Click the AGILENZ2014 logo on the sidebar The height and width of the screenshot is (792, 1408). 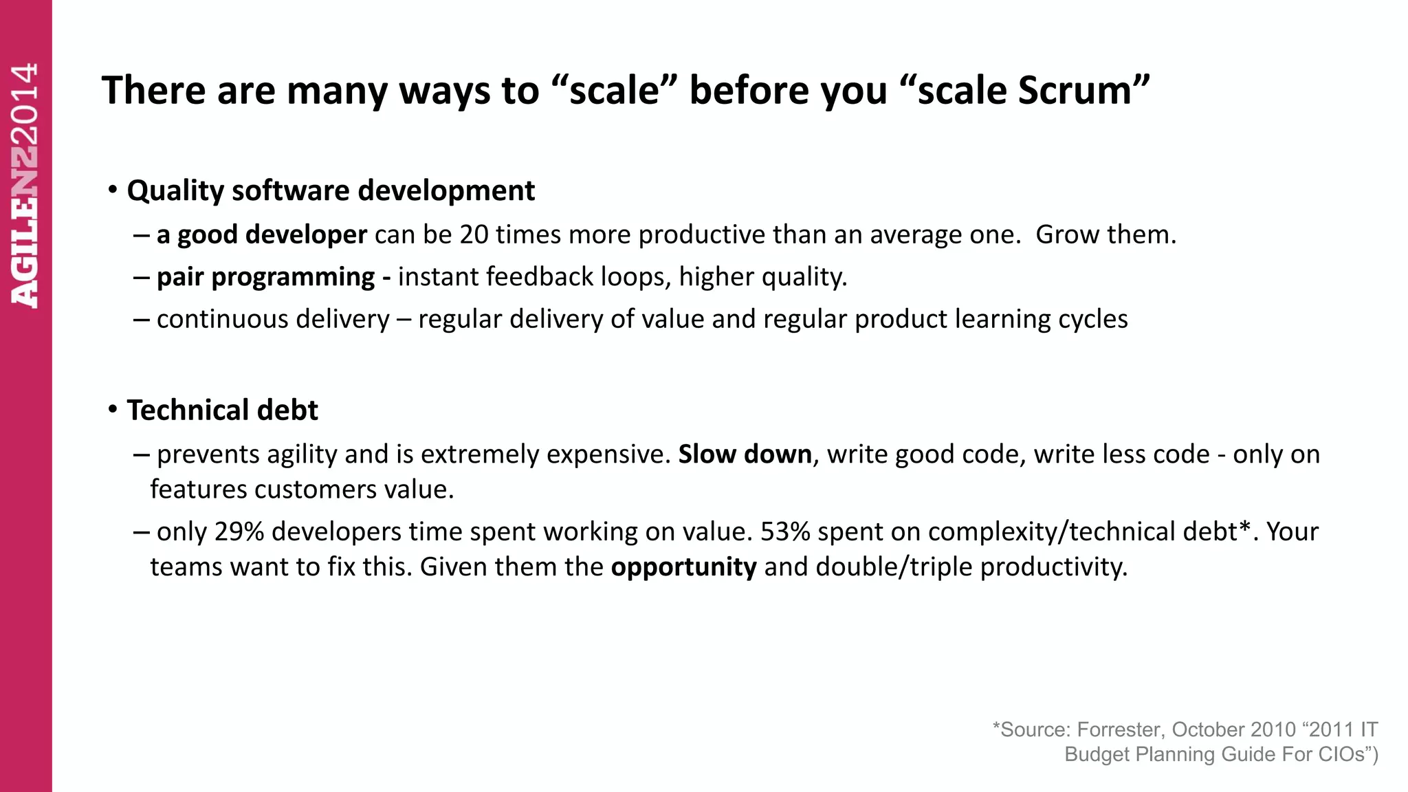click(25, 186)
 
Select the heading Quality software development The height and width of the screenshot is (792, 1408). click(331, 190)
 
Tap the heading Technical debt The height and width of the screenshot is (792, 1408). click(222, 410)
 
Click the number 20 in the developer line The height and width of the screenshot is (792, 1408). click(474, 235)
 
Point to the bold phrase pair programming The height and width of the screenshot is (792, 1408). click(265, 277)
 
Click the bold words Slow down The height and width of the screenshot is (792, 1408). click(745, 454)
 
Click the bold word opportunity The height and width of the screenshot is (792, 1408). click(683, 567)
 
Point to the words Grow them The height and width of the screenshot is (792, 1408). click(1105, 235)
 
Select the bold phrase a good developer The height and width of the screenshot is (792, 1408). click(262, 235)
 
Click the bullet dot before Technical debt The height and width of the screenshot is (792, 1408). click(113, 410)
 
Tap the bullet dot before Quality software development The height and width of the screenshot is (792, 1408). click(113, 190)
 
